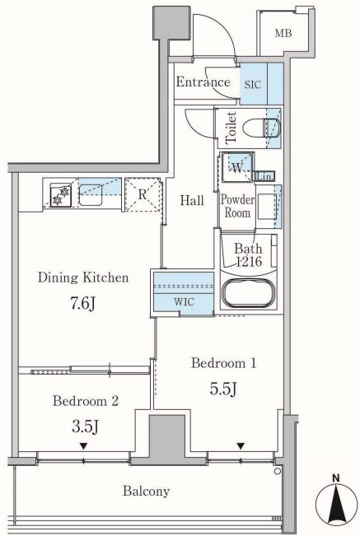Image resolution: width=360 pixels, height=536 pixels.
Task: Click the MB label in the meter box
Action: pyautogui.click(x=283, y=34)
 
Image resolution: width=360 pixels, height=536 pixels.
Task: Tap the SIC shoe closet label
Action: pyautogui.click(x=253, y=85)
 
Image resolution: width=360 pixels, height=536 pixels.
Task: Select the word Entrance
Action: pyautogui.click(x=203, y=82)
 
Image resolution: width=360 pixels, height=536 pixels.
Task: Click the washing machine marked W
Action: pyautogui.click(x=237, y=167)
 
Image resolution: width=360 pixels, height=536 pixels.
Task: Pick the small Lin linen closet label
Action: pyautogui.click(x=264, y=177)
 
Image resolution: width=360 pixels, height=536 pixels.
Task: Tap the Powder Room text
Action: pyautogui.click(x=237, y=206)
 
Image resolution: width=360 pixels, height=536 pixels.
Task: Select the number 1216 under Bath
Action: pyautogui.click(x=250, y=262)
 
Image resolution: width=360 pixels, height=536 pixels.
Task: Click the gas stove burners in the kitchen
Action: pyautogui.click(x=61, y=195)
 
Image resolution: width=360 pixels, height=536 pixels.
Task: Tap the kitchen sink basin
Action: pyautogui.click(x=91, y=195)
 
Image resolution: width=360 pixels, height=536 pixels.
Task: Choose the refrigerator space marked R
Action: pyautogui.click(x=143, y=194)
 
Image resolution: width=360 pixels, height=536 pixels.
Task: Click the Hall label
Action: pyautogui.click(x=192, y=200)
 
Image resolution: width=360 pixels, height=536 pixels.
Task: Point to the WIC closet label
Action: pyautogui.click(x=184, y=302)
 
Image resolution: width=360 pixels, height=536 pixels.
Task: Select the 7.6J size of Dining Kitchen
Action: pyautogui.click(x=82, y=303)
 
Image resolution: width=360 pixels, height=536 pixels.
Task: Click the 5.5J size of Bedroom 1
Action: pyautogui.click(x=223, y=388)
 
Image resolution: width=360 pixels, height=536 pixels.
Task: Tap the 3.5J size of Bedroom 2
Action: pyautogui.click(x=85, y=426)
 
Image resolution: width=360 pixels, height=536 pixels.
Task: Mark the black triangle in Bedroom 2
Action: pyautogui.click(x=83, y=446)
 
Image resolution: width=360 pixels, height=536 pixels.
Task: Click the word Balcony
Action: pyautogui.click(x=147, y=492)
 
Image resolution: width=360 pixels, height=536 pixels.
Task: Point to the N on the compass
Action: pyautogui.click(x=336, y=478)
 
